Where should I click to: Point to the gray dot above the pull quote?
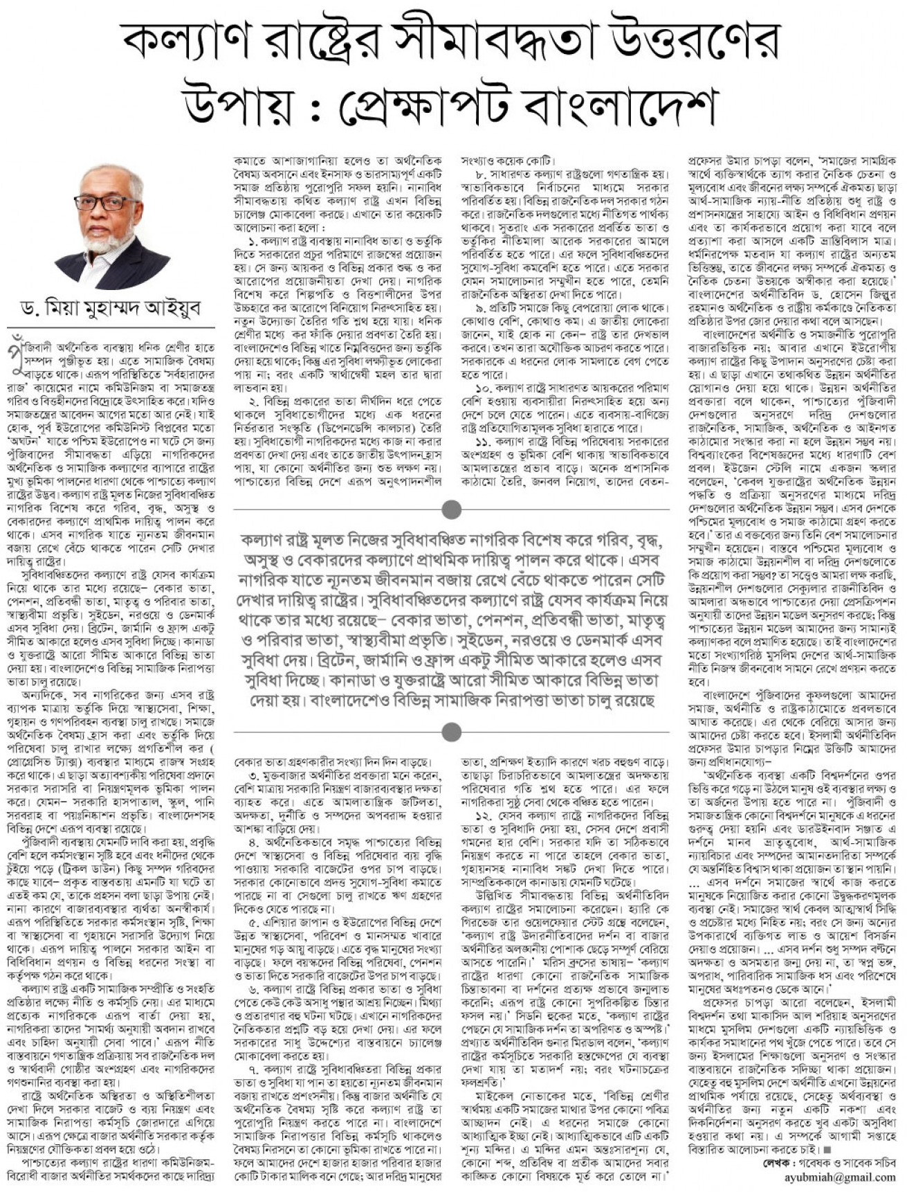[452, 510]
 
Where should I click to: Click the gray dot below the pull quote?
[452, 730]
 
